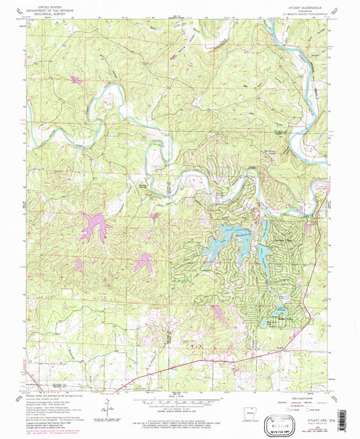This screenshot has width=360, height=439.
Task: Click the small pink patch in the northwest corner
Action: click(x=74, y=80)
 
